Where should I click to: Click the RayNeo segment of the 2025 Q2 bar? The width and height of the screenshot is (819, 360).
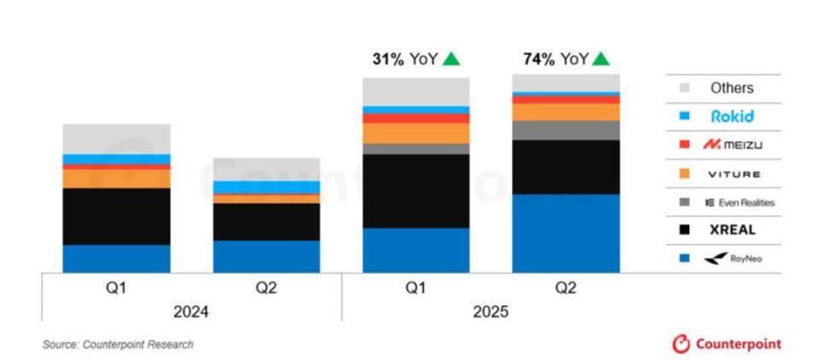click(x=566, y=233)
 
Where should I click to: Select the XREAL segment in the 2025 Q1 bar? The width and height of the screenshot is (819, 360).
click(x=415, y=191)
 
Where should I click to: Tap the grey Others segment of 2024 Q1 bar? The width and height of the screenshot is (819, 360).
click(x=116, y=138)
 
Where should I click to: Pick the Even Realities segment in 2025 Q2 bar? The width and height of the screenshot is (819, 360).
click(x=566, y=130)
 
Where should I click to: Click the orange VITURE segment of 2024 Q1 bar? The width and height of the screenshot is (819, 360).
click(x=116, y=178)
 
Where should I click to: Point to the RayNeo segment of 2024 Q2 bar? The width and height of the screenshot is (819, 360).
click(x=266, y=256)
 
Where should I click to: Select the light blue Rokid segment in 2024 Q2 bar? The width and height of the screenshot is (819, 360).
click(x=266, y=187)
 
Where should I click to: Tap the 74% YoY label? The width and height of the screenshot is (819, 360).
click(x=554, y=59)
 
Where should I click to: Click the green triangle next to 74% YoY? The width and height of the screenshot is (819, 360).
click(x=601, y=59)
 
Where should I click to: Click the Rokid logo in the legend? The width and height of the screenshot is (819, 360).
click(x=732, y=116)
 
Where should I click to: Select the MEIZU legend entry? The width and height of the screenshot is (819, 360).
click(x=732, y=145)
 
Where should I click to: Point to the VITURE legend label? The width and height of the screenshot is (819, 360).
click(x=733, y=174)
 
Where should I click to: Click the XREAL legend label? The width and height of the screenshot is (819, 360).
click(x=732, y=229)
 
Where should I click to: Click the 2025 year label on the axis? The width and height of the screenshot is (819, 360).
click(x=491, y=312)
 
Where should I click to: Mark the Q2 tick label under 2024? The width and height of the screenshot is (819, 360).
click(x=266, y=288)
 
